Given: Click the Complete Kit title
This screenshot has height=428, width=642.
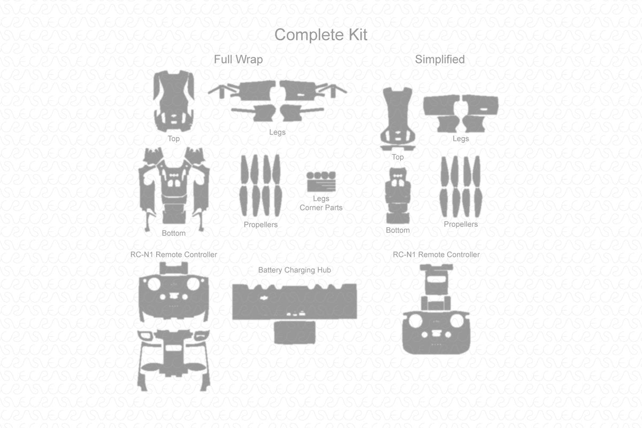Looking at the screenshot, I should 321,35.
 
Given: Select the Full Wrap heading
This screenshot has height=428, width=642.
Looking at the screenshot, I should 238,59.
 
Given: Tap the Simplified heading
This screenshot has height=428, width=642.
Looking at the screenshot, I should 440,59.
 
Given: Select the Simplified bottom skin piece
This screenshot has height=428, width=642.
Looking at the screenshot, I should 398,195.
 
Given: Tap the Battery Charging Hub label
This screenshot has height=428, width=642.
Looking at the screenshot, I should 294,270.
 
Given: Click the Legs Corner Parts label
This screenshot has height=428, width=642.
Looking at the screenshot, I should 321,203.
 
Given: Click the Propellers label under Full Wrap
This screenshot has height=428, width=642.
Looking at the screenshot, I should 261,225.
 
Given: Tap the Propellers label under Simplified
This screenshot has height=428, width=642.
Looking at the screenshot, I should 461,224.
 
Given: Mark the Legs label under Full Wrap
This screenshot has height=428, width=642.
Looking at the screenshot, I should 277,132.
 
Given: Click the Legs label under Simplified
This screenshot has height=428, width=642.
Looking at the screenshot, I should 461,139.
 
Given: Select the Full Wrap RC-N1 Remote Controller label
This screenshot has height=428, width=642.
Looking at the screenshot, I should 174,255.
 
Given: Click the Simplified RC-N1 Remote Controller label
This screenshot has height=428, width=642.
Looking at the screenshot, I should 436,255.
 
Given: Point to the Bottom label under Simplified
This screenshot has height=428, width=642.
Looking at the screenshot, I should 398,231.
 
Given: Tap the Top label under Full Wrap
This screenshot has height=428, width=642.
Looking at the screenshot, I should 173,139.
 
